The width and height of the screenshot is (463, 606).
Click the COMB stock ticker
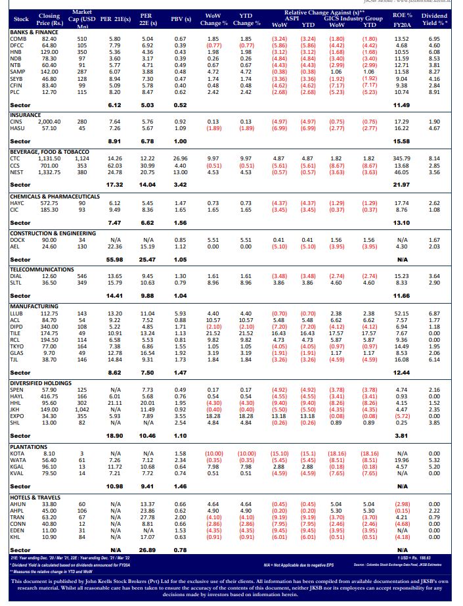click(x=18, y=39)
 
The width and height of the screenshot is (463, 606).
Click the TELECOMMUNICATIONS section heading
click(x=40, y=269)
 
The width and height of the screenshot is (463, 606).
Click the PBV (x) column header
click(x=181, y=19)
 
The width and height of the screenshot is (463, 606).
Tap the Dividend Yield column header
click(x=434, y=18)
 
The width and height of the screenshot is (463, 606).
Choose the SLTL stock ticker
click(x=17, y=283)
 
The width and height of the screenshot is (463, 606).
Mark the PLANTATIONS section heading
click(x=29, y=447)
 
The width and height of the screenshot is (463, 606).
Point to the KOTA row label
click(x=18, y=454)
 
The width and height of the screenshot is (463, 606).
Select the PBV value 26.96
click(x=180, y=158)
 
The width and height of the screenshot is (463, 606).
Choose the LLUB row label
click(x=18, y=314)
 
